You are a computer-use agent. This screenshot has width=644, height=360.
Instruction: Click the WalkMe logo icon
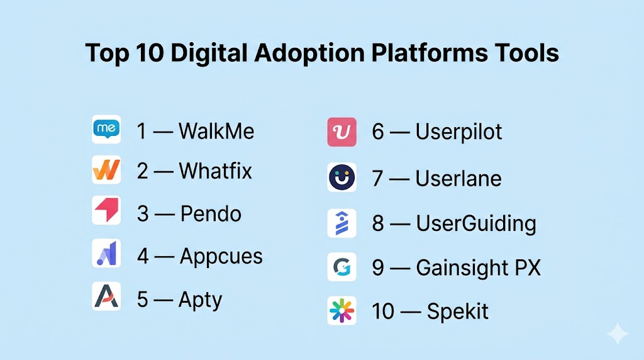click(106, 129)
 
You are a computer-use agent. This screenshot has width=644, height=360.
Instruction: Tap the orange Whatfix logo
click(106, 170)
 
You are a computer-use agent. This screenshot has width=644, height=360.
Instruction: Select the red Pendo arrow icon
click(106, 210)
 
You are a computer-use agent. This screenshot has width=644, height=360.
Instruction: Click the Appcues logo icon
click(106, 253)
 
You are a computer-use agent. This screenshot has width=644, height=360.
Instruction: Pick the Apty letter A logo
click(106, 296)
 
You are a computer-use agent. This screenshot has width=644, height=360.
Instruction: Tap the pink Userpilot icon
click(341, 132)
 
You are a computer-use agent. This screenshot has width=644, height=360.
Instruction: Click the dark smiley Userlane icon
click(341, 177)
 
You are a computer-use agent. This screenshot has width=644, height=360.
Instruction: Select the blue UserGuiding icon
click(341, 223)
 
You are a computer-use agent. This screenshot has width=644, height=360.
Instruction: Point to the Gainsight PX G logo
click(341, 267)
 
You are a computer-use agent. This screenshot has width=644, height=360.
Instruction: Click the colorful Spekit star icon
click(341, 311)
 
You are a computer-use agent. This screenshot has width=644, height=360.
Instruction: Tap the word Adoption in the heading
click(309, 53)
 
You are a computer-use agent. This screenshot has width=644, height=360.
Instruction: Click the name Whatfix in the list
click(215, 171)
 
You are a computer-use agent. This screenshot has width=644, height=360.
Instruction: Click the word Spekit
click(458, 311)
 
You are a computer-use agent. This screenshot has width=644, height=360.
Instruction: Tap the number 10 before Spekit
click(383, 311)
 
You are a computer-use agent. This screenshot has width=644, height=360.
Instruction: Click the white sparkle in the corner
click(618, 334)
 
